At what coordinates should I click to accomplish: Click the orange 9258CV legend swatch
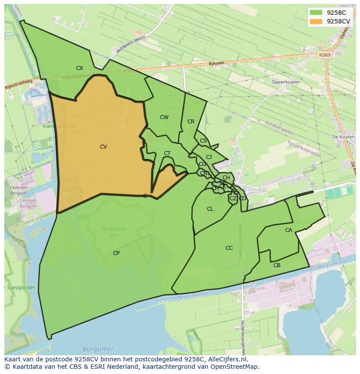(x=316, y=21)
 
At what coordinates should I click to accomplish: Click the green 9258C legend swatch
(x=316, y=13)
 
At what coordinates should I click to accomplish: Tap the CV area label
(x=103, y=147)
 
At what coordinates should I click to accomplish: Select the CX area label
(x=80, y=68)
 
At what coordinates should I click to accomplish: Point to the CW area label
(x=164, y=117)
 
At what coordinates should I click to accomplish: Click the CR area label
(x=191, y=122)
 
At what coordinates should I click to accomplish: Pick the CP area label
(x=116, y=253)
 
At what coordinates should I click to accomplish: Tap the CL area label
(x=210, y=209)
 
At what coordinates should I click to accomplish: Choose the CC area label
(x=229, y=248)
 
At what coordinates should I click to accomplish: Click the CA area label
(x=289, y=230)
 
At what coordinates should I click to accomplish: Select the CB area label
(x=277, y=265)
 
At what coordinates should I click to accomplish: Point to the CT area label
(x=167, y=153)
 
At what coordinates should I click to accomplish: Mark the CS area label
(x=203, y=141)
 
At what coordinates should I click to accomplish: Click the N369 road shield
(x=324, y=55)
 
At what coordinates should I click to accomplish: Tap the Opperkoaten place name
(x=286, y=82)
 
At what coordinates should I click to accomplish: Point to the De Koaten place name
(x=343, y=137)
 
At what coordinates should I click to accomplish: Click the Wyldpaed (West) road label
(x=130, y=45)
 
